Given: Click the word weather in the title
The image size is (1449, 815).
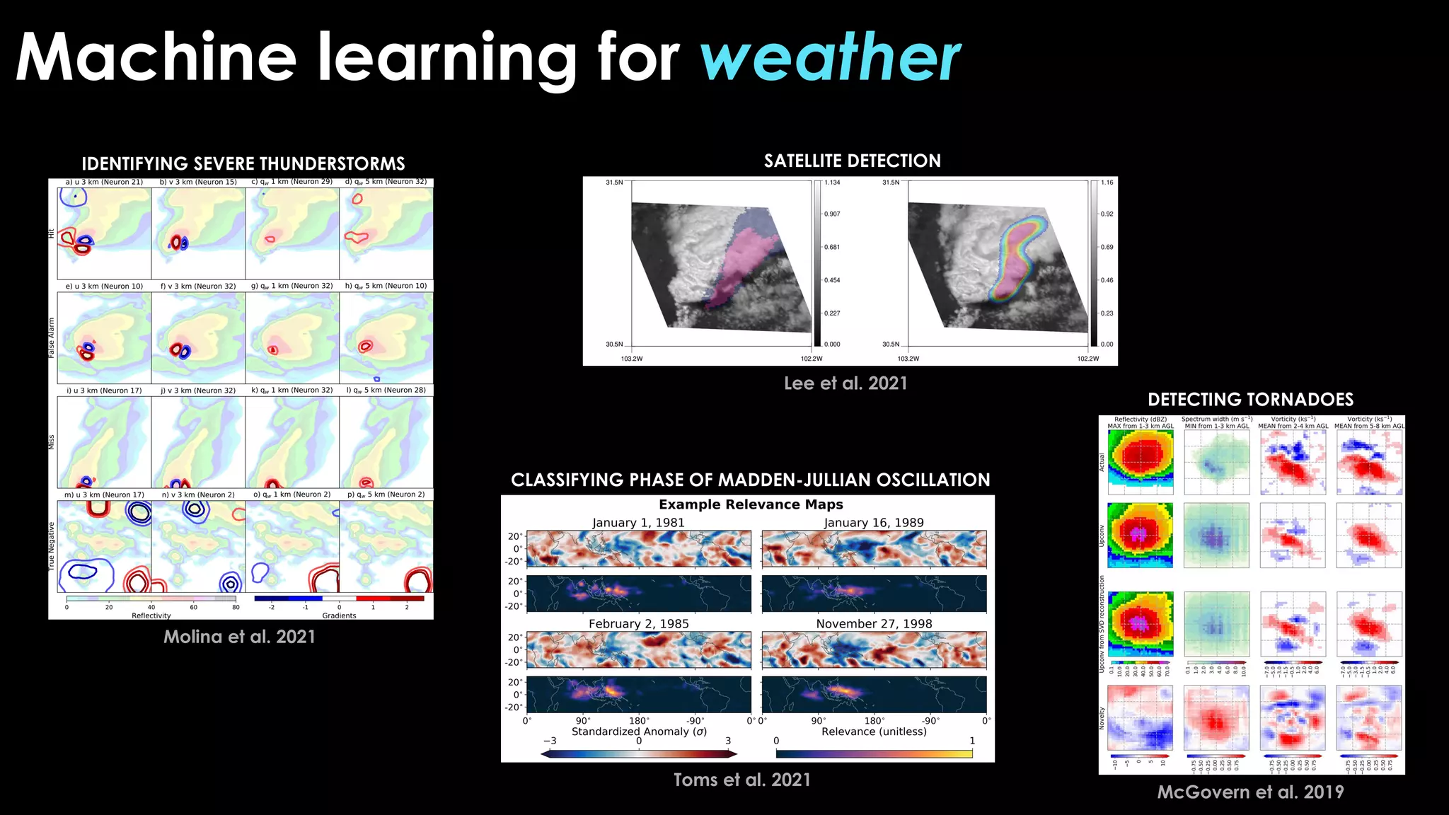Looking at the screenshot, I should [x=830, y=58].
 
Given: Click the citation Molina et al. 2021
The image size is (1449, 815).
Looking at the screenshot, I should [x=239, y=637].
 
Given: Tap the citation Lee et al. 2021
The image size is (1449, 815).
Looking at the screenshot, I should [x=845, y=383].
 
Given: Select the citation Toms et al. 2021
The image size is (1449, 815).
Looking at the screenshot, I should [x=741, y=780].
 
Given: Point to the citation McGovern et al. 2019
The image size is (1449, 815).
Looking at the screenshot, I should [x=1250, y=792].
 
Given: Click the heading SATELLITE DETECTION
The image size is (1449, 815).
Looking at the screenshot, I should [x=852, y=161].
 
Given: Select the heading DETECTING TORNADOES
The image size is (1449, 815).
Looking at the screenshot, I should [x=1250, y=400].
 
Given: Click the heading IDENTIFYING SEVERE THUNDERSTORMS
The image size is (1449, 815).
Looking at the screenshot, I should [x=243, y=164].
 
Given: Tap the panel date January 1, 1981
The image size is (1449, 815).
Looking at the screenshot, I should [x=638, y=523].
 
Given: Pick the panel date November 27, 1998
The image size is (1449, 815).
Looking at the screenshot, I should [x=874, y=624].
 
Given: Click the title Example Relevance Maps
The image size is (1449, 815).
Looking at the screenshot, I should [x=751, y=504].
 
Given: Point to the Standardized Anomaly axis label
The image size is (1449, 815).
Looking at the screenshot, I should [x=639, y=732].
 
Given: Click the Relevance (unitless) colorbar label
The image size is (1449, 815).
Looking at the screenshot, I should [x=874, y=732].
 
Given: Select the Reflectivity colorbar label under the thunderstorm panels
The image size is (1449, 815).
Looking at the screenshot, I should [x=151, y=615].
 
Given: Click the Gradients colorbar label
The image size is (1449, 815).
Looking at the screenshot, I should [x=339, y=615].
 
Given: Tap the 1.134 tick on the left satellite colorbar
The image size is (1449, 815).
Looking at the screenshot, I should [x=832, y=183].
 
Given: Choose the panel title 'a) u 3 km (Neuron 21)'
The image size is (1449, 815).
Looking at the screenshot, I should [x=104, y=183].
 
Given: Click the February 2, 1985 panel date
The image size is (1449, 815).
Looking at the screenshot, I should [x=638, y=624].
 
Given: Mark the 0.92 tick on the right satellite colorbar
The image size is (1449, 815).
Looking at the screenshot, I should [x=1107, y=214].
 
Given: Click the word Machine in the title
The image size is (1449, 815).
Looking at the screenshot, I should [x=156, y=58].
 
